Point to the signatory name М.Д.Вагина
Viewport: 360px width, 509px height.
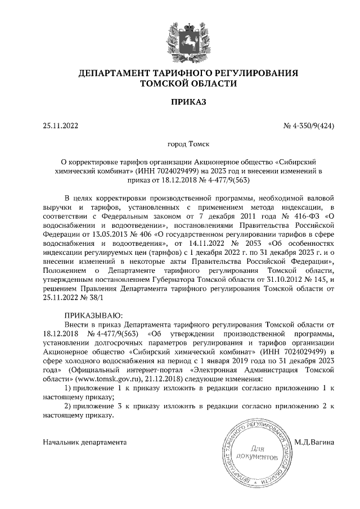click(314, 443)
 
